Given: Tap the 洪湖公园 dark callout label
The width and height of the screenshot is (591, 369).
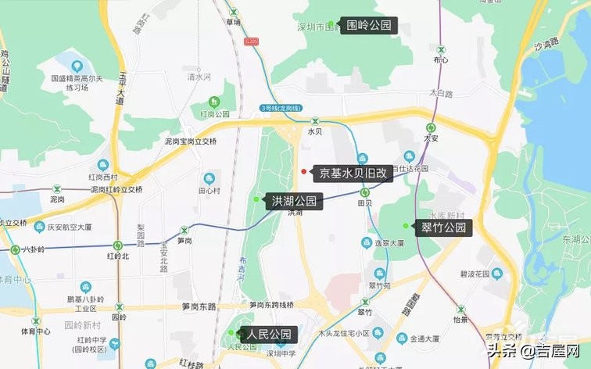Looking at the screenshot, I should [x=294, y=201].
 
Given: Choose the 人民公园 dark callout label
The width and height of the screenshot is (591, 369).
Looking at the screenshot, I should [x=270, y=335].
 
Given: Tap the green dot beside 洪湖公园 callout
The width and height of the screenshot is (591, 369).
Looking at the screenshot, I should [x=256, y=200].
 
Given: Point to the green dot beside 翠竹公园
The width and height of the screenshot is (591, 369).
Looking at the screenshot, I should [x=405, y=226].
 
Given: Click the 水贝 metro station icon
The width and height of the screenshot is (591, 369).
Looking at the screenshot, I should [x=315, y=121].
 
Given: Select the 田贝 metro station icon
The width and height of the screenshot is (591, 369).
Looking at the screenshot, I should [x=365, y=192].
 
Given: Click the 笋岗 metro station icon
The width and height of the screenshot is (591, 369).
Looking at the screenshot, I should [x=184, y=231].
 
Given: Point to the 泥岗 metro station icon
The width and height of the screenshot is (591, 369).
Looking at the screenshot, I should [x=56, y=189].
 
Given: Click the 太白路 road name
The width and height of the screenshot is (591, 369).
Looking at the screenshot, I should [x=441, y=93].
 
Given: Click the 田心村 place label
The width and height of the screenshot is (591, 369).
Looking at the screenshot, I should [x=209, y=190].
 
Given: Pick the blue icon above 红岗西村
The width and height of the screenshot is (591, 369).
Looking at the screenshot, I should [x=102, y=165].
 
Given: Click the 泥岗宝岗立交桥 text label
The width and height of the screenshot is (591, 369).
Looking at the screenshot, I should [x=191, y=142].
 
